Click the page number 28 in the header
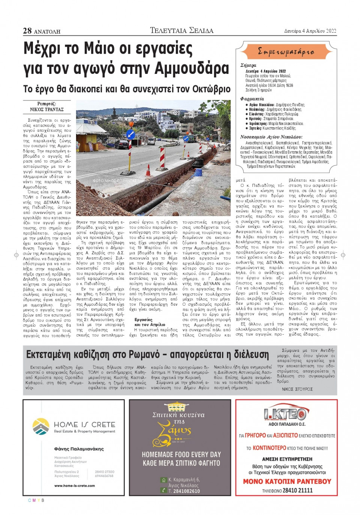[27, 31]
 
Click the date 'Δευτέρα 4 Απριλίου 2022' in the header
[310, 31]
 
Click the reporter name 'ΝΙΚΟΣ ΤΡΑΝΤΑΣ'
[47, 110]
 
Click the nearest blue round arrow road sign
[130, 134]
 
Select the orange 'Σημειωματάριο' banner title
[286, 52]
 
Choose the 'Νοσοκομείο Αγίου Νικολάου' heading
[271, 137]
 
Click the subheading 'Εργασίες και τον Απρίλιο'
[149, 322]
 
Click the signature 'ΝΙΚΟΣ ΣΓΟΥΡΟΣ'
[297, 389]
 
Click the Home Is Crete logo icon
[40, 427]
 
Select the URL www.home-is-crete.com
[75, 485]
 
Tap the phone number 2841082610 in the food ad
[186, 491]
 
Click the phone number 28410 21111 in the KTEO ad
[297, 490]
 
